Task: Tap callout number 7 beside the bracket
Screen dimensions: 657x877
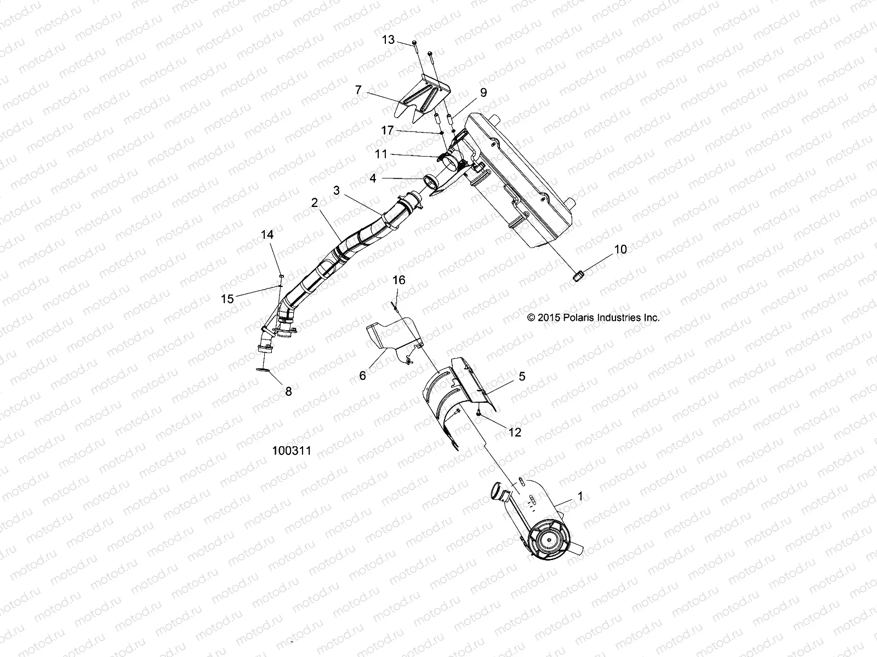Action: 358,90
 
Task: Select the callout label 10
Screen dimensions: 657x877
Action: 620,249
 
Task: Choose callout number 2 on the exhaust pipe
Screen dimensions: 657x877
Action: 314,203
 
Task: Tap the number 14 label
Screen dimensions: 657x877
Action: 267,235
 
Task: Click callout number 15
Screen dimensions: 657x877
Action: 227,298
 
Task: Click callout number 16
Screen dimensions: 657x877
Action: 398,280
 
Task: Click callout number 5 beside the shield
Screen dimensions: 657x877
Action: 522,376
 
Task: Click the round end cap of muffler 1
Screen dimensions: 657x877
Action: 546,540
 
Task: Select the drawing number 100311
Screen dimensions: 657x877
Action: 292,451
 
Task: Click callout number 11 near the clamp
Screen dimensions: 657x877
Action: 381,154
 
